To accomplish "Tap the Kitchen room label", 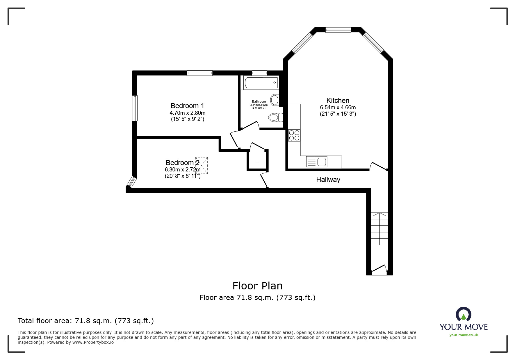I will [338, 101].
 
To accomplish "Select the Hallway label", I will [328, 180].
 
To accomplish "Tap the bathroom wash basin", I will [275, 100].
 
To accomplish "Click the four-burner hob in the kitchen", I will [294, 135].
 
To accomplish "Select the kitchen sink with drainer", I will [317, 162].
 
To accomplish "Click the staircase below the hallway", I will [379, 230].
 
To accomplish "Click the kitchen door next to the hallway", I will [378, 166].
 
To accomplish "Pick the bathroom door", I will [250, 126].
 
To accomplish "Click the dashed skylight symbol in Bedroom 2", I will [201, 165].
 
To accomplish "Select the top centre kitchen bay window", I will [338, 30].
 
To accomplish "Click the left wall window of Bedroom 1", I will [135, 108].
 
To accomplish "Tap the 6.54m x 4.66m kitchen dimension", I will [338, 108].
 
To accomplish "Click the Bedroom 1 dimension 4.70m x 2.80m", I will [187, 113].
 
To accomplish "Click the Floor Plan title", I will [257, 286].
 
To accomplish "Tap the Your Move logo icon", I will [463, 314].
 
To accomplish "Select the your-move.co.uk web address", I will [464, 335].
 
